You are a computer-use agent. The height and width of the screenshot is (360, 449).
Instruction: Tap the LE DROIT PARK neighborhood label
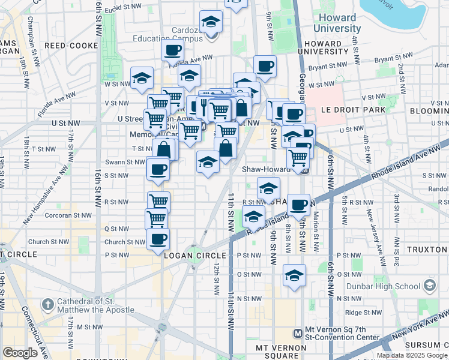click(348, 110)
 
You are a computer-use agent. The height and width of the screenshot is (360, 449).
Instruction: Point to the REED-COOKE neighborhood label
click(67, 45)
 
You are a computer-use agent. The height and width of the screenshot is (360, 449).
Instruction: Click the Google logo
click(20, 353)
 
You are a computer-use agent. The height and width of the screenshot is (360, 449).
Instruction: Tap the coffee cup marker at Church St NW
click(158, 239)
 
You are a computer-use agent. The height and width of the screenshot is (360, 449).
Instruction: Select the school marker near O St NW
click(294, 276)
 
